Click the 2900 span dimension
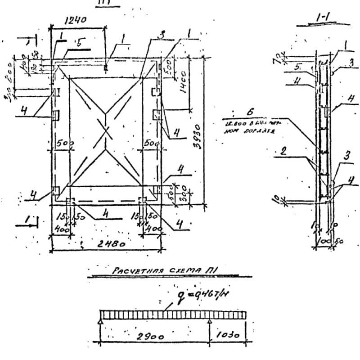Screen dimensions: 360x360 tap(150, 336)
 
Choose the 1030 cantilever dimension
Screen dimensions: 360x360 tap(228, 336)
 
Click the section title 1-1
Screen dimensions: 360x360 tap(323, 18)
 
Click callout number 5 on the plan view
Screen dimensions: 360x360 tap(79, 43)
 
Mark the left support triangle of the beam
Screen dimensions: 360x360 tap(100, 322)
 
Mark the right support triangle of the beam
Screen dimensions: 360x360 tap(210, 322)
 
